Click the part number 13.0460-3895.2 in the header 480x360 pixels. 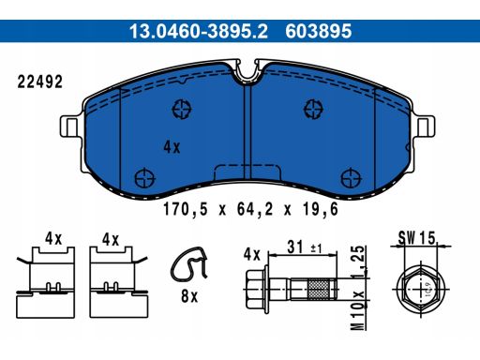(192, 31)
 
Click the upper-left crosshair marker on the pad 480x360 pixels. (181, 110)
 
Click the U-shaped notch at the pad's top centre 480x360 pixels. (247, 70)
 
